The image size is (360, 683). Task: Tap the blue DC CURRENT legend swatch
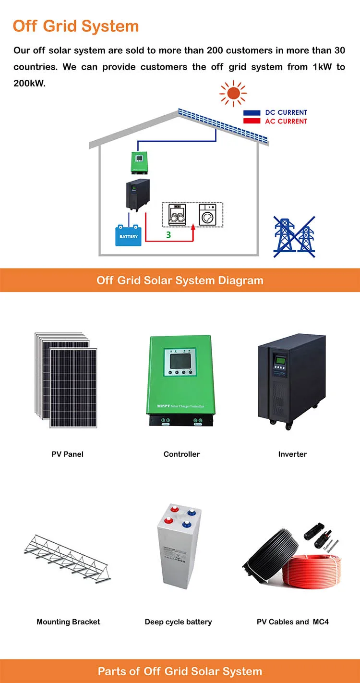[252, 113]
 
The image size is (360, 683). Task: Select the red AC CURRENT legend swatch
[252, 121]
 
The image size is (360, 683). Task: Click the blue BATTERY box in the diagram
[129, 236]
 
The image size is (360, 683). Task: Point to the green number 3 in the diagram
[168, 235]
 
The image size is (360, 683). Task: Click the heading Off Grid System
[76, 26]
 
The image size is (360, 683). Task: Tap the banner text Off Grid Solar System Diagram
[180, 281]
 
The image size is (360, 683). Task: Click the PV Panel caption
[68, 454]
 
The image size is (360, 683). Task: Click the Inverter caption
[292, 454]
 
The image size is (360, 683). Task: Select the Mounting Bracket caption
[68, 622]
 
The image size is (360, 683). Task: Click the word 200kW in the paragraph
[30, 83]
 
